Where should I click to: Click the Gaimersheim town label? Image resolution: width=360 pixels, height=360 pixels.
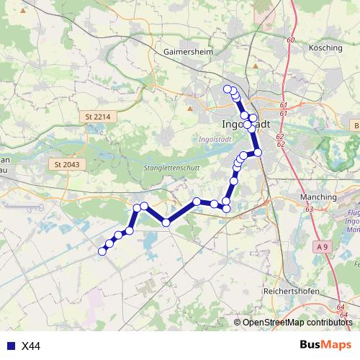185,52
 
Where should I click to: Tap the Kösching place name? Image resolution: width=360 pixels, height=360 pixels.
325,47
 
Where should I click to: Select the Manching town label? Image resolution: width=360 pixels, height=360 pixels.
318,197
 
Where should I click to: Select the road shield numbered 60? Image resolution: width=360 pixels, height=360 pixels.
290,40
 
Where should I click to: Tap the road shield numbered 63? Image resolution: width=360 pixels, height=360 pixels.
309,209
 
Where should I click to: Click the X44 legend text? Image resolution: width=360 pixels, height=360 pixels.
31,346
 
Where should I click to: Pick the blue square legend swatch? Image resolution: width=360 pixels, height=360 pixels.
9,346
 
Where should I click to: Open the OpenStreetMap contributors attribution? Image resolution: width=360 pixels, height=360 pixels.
297,323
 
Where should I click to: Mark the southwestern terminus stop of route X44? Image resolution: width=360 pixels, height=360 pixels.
102,251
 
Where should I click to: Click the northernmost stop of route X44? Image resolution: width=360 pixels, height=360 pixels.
228,89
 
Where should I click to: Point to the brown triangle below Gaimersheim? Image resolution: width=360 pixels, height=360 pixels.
190,108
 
